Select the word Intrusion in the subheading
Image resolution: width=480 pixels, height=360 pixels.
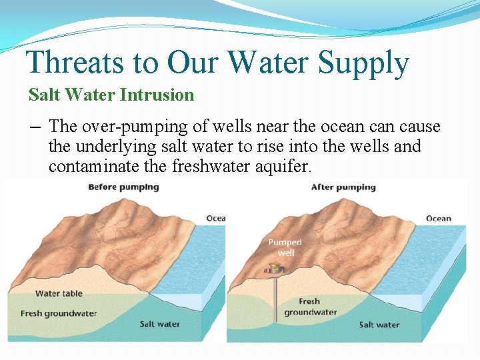(157, 95)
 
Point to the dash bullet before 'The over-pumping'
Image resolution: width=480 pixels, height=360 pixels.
(34, 127)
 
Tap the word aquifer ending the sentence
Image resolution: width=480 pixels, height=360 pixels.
(283, 166)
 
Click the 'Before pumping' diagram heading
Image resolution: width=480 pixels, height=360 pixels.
(123, 187)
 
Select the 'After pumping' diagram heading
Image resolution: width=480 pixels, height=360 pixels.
(343, 187)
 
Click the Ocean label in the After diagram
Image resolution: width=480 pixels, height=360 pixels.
(438, 219)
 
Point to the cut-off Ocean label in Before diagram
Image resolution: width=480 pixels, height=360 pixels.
(216, 219)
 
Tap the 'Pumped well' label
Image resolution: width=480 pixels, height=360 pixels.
(285, 247)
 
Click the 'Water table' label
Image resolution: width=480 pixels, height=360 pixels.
(59, 293)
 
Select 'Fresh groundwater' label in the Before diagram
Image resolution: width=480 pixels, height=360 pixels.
(59, 313)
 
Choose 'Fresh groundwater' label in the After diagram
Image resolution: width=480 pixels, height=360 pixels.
(310, 307)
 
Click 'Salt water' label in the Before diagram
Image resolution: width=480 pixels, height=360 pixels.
(159, 324)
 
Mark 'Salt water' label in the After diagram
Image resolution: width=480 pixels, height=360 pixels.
(379, 325)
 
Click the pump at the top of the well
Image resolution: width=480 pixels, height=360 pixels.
(273, 269)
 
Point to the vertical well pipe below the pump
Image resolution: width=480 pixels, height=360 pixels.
(275, 300)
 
